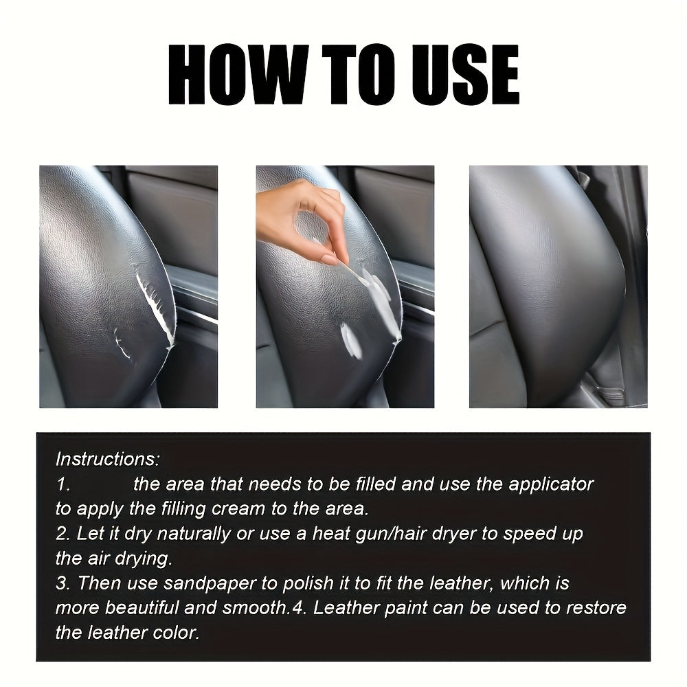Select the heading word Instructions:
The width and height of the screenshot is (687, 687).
pyautogui.click(x=108, y=459)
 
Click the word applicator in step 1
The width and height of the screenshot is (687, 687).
pyautogui.click(x=550, y=484)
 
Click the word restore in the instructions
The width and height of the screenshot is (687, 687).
pyautogui.click(x=592, y=609)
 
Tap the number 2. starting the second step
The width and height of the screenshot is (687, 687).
pyautogui.click(x=63, y=534)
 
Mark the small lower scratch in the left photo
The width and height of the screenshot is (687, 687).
pyautogui.click(x=122, y=343)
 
